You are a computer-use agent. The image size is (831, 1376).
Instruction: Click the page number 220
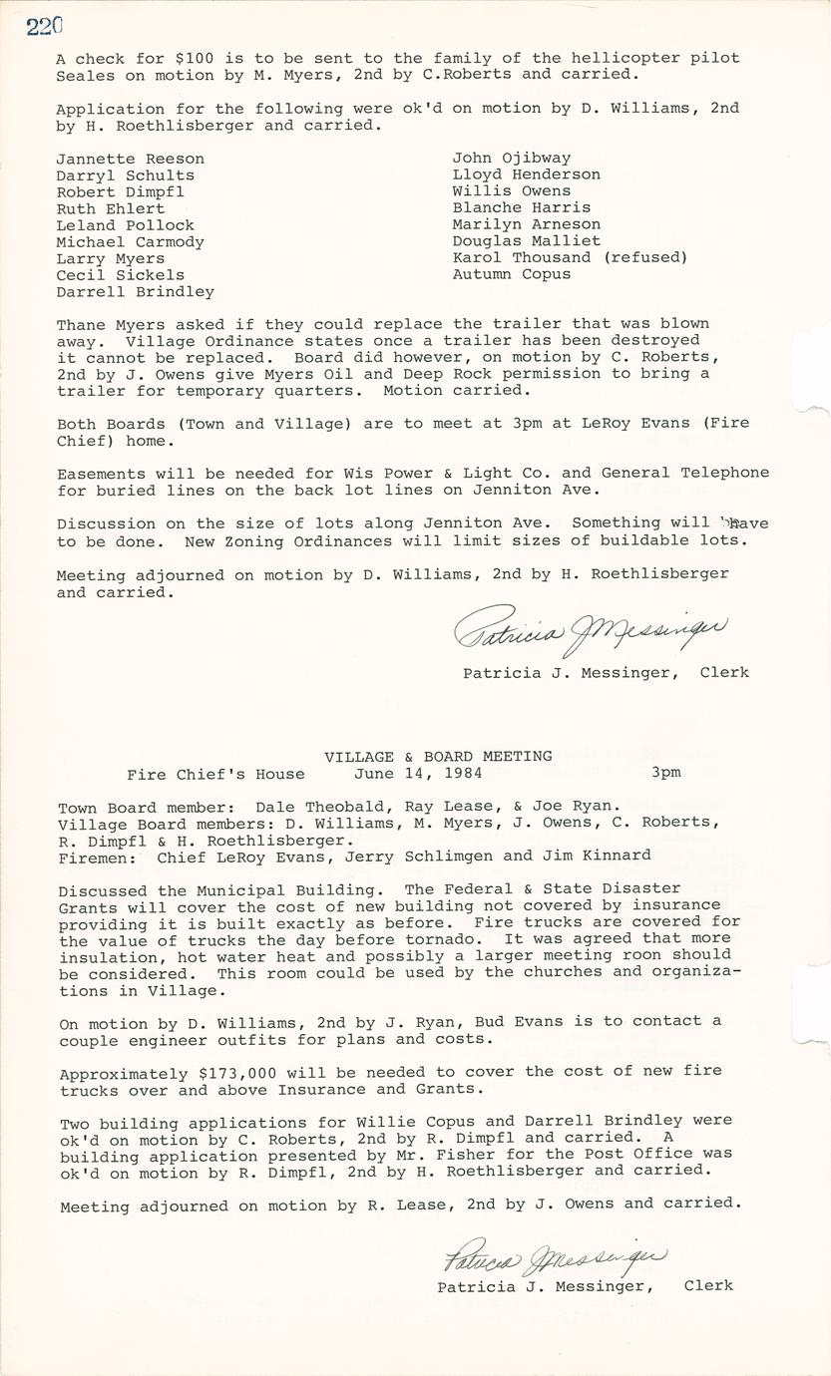[45, 27]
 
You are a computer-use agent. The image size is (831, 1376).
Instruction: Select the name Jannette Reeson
[130, 159]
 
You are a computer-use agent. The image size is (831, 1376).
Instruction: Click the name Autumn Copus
[512, 274]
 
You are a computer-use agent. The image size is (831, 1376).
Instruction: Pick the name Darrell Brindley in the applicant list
[135, 292]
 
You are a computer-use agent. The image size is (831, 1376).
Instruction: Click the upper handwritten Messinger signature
[591, 631]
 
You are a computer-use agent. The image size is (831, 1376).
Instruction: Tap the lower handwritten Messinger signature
[555, 1258]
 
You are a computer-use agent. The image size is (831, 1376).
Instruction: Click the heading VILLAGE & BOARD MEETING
[438, 756]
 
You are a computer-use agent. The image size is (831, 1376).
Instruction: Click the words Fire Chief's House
[215, 774]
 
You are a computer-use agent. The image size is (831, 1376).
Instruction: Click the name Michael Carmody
[130, 242]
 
